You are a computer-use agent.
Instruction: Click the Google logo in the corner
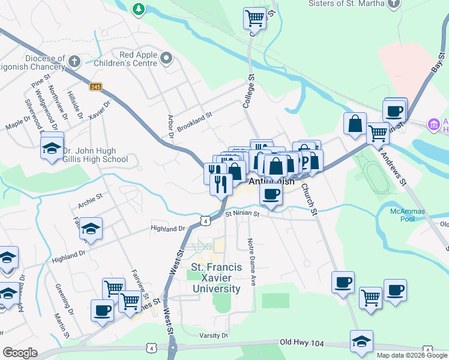(20, 353)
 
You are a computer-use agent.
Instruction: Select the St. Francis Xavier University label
(216, 278)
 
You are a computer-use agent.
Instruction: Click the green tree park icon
(139, 8)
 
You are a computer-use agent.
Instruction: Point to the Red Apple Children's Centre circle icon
(166, 59)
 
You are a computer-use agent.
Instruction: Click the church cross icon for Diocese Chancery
(74, 61)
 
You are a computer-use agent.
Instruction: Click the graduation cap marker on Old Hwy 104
(361, 341)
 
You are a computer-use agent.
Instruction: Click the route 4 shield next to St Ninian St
(206, 221)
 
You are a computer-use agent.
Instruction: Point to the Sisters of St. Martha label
(345, 4)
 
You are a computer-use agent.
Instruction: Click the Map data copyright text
(412, 355)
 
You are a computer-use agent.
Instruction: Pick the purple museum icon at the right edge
(433, 124)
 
